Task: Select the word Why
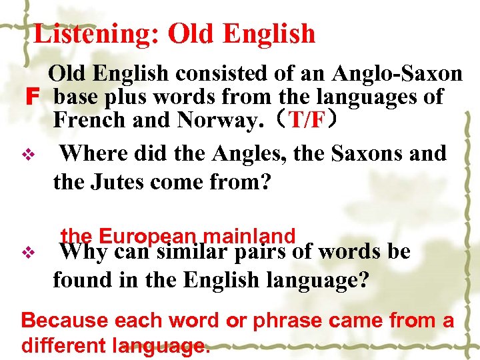click(x=84, y=251)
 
